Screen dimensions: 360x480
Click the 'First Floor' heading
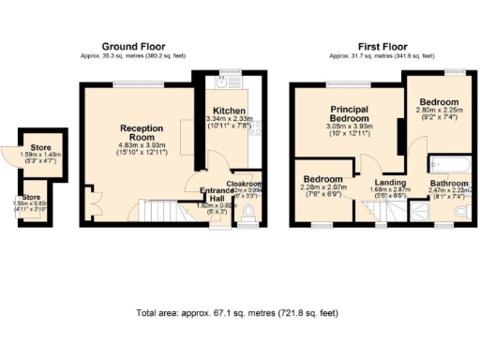382,46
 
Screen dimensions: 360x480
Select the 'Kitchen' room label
229,111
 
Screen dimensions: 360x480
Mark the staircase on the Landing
386,215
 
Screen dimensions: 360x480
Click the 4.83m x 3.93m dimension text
141,144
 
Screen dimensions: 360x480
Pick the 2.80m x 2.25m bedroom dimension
438,110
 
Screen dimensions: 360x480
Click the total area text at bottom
236,312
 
